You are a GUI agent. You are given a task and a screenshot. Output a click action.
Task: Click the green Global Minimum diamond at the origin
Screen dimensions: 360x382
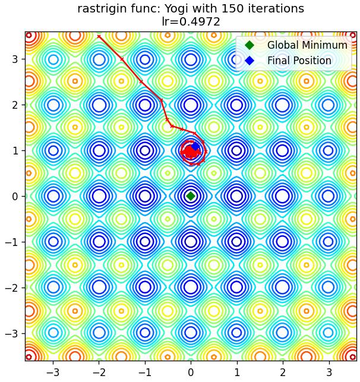coord(191,196)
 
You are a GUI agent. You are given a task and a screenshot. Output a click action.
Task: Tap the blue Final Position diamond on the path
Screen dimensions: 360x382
coord(195,146)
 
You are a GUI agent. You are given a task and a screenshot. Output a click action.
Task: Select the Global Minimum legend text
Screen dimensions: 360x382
coord(307,45)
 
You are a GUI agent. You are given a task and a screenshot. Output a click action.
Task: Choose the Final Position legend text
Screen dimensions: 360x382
coord(299,61)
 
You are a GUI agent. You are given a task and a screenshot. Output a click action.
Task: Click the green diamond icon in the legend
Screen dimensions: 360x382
coord(250,45)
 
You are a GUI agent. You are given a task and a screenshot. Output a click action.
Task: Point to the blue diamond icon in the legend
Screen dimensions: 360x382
coord(250,61)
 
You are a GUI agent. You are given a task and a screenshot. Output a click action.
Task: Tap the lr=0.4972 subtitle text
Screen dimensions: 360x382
coord(191,22)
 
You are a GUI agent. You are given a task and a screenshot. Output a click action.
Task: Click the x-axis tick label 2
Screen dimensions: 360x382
coord(283,372)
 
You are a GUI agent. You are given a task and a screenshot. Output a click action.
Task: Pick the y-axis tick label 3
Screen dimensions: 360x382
coord(15,59)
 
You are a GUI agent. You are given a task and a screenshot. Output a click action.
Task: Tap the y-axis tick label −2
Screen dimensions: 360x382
coord(12,288)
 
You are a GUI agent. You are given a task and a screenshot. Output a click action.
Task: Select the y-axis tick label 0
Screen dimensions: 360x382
coord(15,196)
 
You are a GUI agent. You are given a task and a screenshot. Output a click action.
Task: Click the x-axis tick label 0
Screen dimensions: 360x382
coord(191,372)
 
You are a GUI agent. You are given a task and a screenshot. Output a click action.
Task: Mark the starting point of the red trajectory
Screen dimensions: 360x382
coord(99,37)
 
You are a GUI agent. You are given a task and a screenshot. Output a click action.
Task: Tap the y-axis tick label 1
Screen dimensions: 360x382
coord(15,150)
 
